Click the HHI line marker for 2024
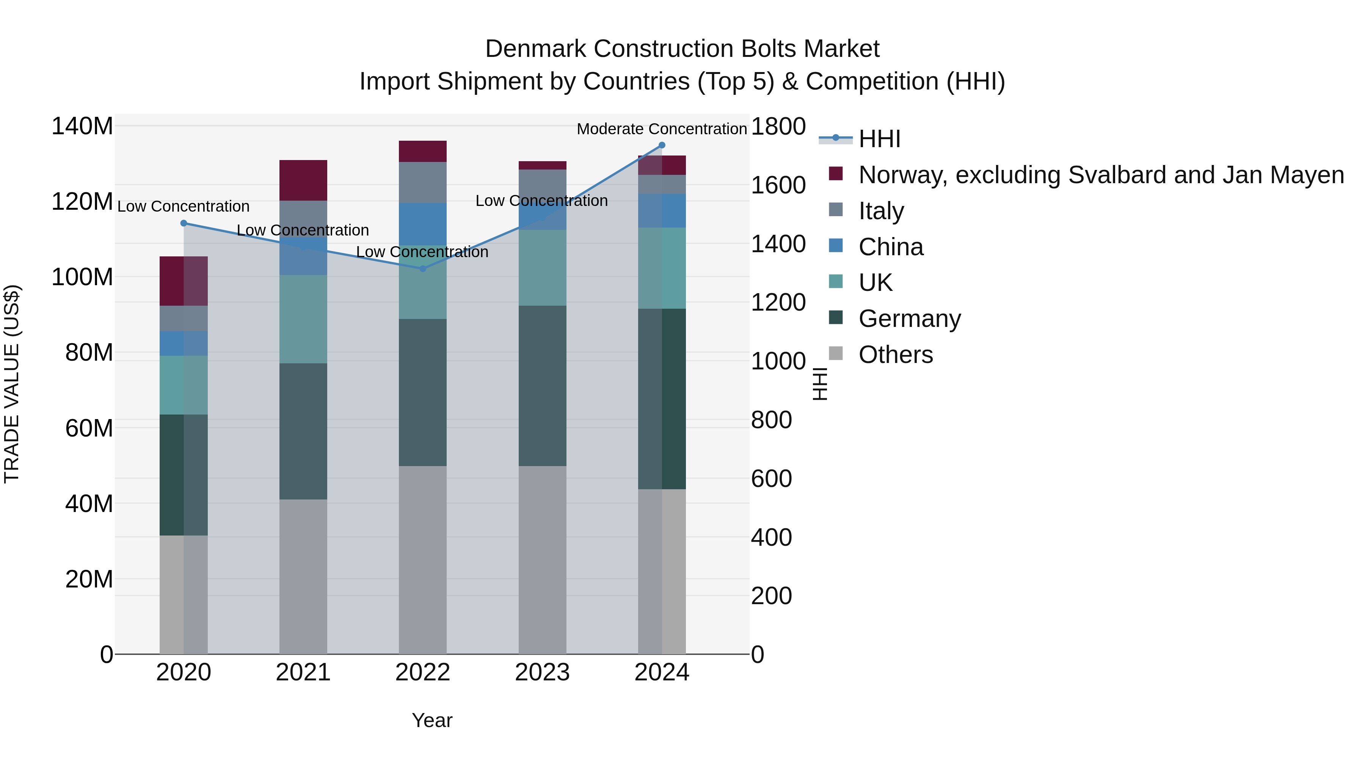click(x=661, y=145)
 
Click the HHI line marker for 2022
click(x=422, y=269)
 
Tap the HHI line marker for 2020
click(x=184, y=223)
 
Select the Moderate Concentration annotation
click(x=661, y=129)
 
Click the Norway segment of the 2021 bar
click(x=303, y=180)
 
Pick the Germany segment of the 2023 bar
click(x=542, y=386)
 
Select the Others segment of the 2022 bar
click(x=422, y=560)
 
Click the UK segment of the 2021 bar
click(x=303, y=319)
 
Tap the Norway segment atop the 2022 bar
click(x=422, y=152)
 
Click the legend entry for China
click(x=891, y=247)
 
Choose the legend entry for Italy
click(x=881, y=211)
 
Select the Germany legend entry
click(x=909, y=319)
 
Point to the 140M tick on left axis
click(x=82, y=126)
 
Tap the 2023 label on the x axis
click(x=542, y=672)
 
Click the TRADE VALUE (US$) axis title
click(x=12, y=384)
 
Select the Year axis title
click(x=432, y=720)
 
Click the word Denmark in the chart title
click(x=536, y=49)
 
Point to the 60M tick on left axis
click(x=89, y=428)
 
